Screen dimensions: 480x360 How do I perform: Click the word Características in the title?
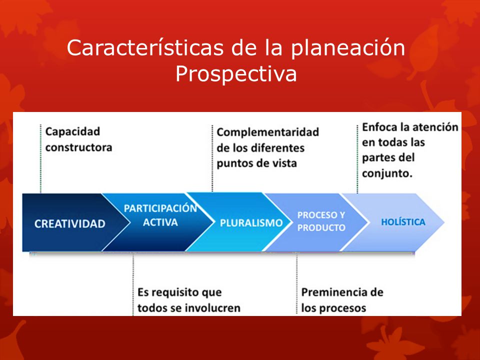point(145,48)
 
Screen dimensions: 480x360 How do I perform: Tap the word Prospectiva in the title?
point(236,74)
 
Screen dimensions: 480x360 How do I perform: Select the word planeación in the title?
point(348,48)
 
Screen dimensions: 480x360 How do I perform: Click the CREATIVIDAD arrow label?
point(70,224)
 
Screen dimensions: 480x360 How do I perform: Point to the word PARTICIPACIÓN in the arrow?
point(160,208)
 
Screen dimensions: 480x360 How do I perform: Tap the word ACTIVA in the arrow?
point(160,222)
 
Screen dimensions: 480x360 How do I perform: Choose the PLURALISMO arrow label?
point(251,223)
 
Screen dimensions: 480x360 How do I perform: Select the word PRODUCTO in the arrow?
point(321,227)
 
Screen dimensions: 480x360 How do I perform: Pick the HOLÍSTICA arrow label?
point(403,222)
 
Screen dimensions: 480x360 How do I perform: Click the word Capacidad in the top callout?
point(72,131)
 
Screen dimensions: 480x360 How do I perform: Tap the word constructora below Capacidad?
point(78,147)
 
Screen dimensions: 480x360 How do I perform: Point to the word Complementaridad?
point(268,132)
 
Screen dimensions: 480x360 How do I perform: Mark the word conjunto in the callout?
point(387,173)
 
